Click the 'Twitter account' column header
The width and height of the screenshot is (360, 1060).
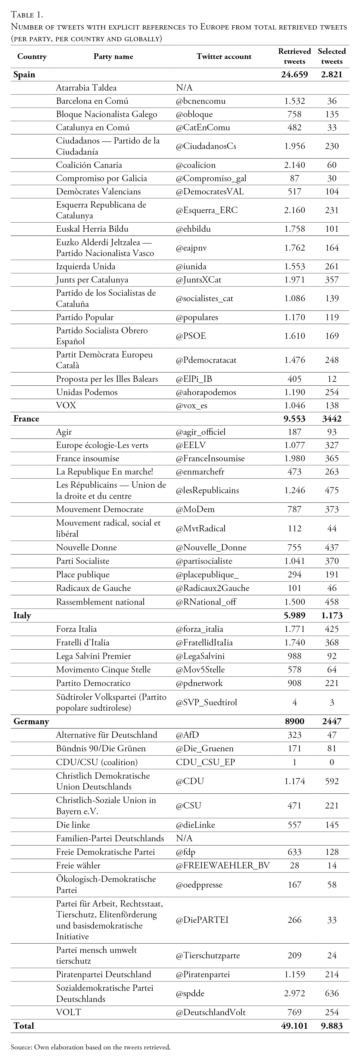click(x=224, y=56)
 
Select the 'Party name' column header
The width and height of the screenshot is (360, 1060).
click(x=113, y=56)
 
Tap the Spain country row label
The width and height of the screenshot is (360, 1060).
click(x=24, y=75)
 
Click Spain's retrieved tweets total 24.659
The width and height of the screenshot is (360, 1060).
click(x=294, y=75)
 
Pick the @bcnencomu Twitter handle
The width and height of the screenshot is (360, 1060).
click(x=201, y=101)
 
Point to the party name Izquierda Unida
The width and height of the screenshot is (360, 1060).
click(x=85, y=266)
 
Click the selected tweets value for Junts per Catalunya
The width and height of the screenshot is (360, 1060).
click(x=332, y=280)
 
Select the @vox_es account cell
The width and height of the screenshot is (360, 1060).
click(x=192, y=405)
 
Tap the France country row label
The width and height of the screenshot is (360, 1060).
click(x=26, y=419)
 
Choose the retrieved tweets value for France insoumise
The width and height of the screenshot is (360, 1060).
click(x=295, y=459)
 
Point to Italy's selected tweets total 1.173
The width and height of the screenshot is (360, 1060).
click(x=332, y=616)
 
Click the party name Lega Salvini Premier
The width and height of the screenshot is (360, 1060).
click(x=93, y=656)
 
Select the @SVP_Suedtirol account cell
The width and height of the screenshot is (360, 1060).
click(x=206, y=703)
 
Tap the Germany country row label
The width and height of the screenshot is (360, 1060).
click(x=31, y=721)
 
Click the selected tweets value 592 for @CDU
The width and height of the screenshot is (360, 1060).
click(x=332, y=781)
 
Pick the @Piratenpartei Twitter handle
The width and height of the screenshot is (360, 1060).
click(x=203, y=975)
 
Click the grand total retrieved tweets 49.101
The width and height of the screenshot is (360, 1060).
click(x=294, y=1026)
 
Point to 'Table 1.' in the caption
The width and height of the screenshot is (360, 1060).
click(x=27, y=15)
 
